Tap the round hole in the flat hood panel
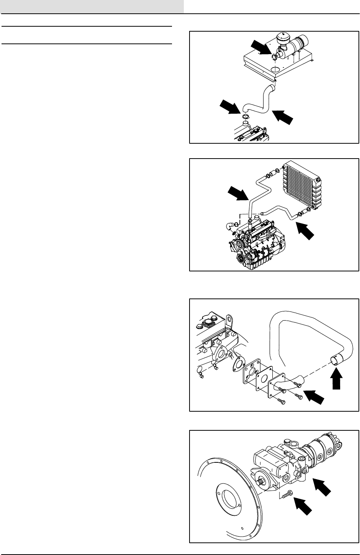tap(275, 70)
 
